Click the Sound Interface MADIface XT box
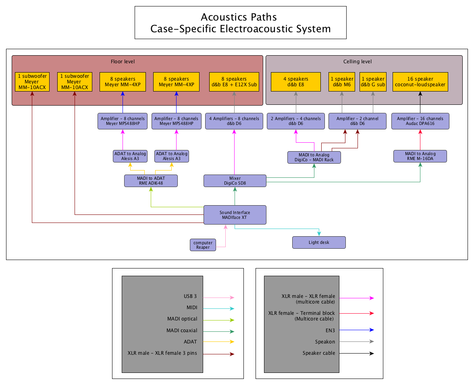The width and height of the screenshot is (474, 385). [x=235, y=215]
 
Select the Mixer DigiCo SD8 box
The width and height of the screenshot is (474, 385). [x=235, y=181]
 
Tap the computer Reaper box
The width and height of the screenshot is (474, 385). [x=203, y=245]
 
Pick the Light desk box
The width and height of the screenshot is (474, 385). [x=319, y=242]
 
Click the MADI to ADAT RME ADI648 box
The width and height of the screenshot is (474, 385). [x=151, y=181]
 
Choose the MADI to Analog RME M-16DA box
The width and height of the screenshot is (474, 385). [x=420, y=156]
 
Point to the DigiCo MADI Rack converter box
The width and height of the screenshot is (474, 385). [x=314, y=157]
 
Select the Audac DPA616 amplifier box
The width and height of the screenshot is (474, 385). [x=420, y=121]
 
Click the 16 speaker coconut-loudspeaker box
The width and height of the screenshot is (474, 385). [x=420, y=82]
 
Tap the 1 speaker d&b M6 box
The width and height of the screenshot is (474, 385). [x=342, y=82]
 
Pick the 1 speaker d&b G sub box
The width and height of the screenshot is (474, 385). [x=373, y=82]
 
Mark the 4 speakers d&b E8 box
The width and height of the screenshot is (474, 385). [x=295, y=82]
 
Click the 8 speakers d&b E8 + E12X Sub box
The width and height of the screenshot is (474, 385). [x=234, y=82]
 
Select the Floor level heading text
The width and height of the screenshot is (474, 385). [x=123, y=62]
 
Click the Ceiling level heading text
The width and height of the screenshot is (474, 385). [x=357, y=62]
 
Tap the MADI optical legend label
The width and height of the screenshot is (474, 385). [x=182, y=319]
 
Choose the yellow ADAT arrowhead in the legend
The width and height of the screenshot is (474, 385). [x=232, y=342]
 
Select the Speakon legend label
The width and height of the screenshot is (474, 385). [x=325, y=342]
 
